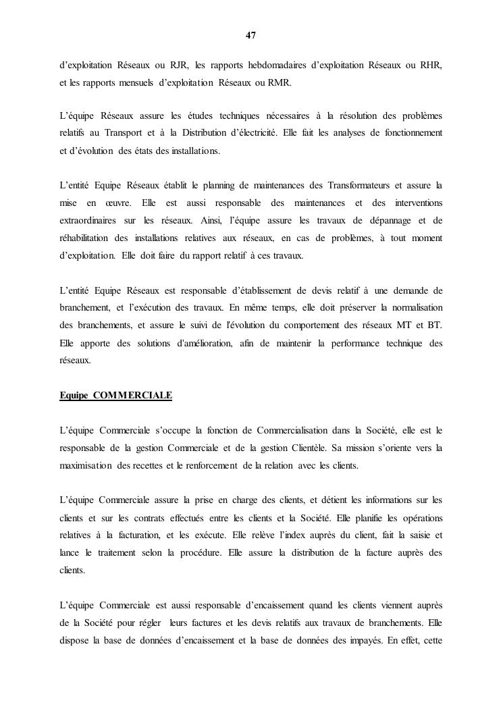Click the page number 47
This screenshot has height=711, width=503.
[x=250, y=35]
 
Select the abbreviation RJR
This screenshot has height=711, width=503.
[x=179, y=65]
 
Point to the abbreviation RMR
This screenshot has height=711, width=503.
[x=279, y=82]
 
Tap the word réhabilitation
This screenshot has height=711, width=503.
[x=88, y=238]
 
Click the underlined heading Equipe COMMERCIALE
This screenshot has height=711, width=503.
[x=115, y=396]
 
